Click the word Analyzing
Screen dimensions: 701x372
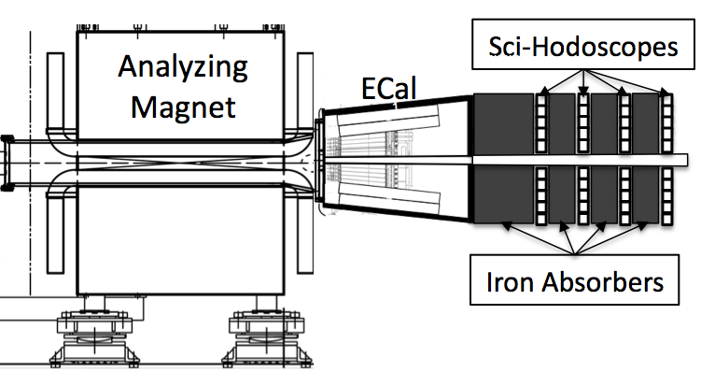pos(183,68)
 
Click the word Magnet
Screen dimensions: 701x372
pos(183,107)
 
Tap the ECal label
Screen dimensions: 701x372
pos(388,88)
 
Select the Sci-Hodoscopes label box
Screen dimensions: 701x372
pos(583,44)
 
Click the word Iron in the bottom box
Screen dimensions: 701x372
pos(510,282)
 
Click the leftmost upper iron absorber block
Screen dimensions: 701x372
pos(504,124)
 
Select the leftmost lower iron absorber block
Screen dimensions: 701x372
pos(504,193)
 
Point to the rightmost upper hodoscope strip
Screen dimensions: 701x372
pos(667,122)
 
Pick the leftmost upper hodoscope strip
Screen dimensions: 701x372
pos(541,122)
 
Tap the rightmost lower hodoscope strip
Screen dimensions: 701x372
pos(667,196)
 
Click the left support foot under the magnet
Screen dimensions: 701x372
pos(95,334)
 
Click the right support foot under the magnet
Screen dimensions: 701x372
pos(267,334)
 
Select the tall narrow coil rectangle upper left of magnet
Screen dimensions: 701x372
pos(55,92)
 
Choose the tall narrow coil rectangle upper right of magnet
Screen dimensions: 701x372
pos(305,92)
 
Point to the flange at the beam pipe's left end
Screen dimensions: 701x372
pos(7,163)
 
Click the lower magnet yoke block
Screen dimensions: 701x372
pos(180,240)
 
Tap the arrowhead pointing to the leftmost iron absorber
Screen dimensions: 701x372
pos(507,225)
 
